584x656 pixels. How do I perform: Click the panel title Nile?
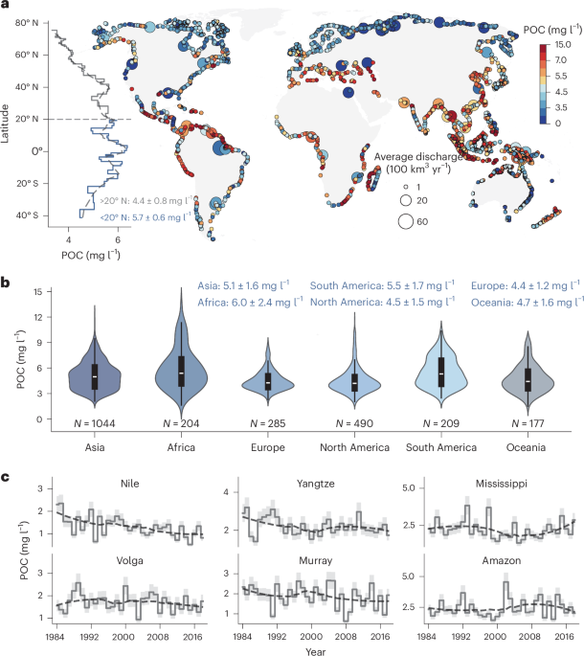pyautogui.click(x=129, y=484)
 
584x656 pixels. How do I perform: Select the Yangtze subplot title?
pyautogui.click(x=315, y=484)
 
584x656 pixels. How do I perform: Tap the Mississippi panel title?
pyautogui.click(x=501, y=484)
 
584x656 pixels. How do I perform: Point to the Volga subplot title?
pyautogui.click(x=129, y=560)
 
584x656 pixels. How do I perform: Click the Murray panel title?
pyautogui.click(x=315, y=561)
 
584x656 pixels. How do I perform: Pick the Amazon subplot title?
pyautogui.click(x=501, y=560)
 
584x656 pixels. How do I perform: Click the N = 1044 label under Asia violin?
pyautogui.click(x=95, y=423)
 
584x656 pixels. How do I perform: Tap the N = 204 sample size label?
pyautogui.click(x=181, y=423)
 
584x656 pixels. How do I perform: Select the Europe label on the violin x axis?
pyautogui.click(x=268, y=447)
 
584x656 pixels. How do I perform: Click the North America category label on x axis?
pyautogui.click(x=354, y=447)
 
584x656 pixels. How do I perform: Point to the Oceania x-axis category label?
pyautogui.click(x=526, y=447)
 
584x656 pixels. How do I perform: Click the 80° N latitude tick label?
pyautogui.click(x=27, y=23)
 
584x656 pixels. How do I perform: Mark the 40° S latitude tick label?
pyautogui.click(x=27, y=215)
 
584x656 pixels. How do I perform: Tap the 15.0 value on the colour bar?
pyautogui.click(x=563, y=44)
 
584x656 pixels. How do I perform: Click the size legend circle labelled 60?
pyautogui.click(x=405, y=221)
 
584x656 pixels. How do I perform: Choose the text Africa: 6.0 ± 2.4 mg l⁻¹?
pyautogui.click(x=250, y=302)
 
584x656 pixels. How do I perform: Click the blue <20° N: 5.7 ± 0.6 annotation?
pyautogui.click(x=146, y=217)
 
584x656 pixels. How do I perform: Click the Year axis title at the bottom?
pyautogui.click(x=315, y=651)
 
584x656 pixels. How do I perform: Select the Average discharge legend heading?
pyautogui.click(x=418, y=163)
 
